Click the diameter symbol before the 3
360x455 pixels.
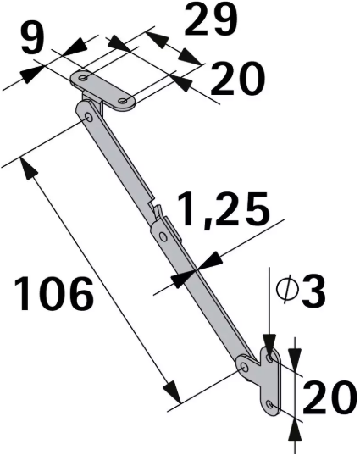pos(285,292)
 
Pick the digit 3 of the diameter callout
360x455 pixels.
pos(313,292)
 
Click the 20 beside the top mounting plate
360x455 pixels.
pos(237,81)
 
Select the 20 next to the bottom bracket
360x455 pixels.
pos(327,398)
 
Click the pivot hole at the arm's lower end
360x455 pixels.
pos(245,368)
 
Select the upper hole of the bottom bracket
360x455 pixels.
pos(271,359)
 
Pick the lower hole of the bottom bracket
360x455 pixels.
pos(270,403)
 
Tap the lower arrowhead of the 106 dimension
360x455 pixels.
pos(173,393)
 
